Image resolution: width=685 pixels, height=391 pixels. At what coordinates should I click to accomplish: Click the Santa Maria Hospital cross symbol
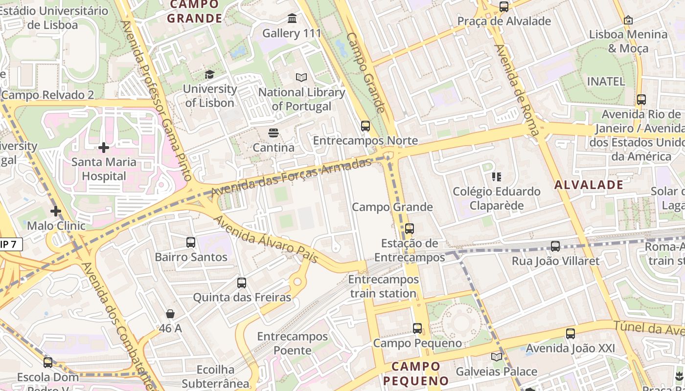pyautogui.click(x=104, y=147)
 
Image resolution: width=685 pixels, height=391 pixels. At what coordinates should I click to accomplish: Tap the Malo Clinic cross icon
pyautogui.click(x=56, y=211)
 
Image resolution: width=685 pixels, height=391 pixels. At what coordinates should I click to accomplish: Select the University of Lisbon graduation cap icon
pyautogui.click(x=209, y=74)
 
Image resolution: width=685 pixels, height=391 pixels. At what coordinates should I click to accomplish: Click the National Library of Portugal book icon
pyautogui.click(x=301, y=77)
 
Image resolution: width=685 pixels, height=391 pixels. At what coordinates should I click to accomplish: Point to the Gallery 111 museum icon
pyautogui.click(x=292, y=19)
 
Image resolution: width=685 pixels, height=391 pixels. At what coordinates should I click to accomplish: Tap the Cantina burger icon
pyautogui.click(x=273, y=132)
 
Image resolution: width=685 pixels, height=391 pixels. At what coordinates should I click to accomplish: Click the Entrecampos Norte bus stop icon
pyautogui.click(x=365, y=126)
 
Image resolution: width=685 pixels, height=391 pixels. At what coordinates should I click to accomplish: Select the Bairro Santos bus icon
pyautogui.click(x=191, y=242)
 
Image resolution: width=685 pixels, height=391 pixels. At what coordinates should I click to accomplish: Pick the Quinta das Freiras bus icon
pyautogui.click(x=242, y=282)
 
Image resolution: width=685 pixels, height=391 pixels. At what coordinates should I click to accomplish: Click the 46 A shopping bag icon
pyautogui.click(x=170, y=313)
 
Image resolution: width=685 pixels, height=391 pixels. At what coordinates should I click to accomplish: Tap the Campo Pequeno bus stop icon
pyautogui.click(x=417, y=328)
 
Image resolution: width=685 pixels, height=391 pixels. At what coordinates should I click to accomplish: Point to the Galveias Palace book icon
pyautogui.click(x=497, y=357)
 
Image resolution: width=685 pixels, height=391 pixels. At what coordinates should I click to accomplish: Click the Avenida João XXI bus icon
pyautogui.click(x=571, y=334)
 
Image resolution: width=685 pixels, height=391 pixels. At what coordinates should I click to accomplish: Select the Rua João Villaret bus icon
pyautogui.click(x=555, y=246)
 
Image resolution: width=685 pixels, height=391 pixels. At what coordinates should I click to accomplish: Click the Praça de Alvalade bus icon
pyautogui.click(x=504, y=7)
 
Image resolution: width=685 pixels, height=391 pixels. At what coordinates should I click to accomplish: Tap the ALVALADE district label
pyautogui.click(x=589, y=185)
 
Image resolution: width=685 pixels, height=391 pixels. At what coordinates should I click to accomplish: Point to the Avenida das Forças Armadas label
pyautogui.click(x=292, y=177)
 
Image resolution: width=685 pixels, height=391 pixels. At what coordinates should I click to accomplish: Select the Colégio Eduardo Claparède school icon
pyautogui.click(x=497, y=176)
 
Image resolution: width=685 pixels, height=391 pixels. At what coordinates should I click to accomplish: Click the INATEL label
pyautogui.click(x=606, y=81)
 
